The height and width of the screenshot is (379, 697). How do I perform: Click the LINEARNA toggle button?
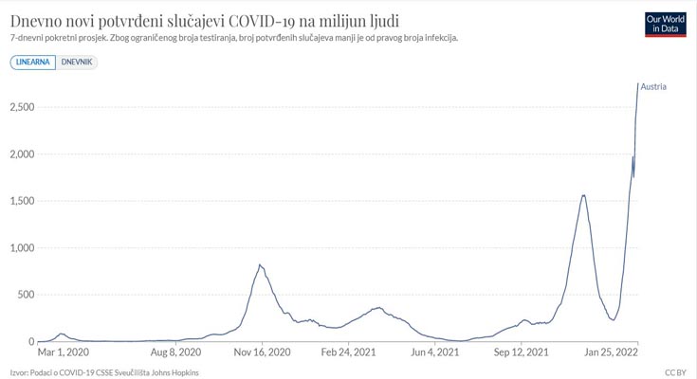tap(32, 62)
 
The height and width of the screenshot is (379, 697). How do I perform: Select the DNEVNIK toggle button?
tap(77, 62)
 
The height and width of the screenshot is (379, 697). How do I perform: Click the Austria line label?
tap(653, 87)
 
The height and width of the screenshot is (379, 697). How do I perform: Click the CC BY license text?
tap(675, 372)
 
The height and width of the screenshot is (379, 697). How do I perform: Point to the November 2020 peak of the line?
tap(260, 265)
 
